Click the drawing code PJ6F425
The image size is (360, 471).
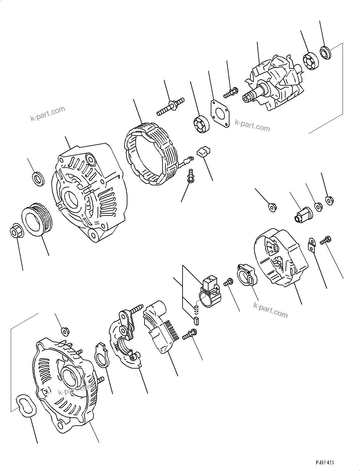pyautogui.click(x=324, y=462)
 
